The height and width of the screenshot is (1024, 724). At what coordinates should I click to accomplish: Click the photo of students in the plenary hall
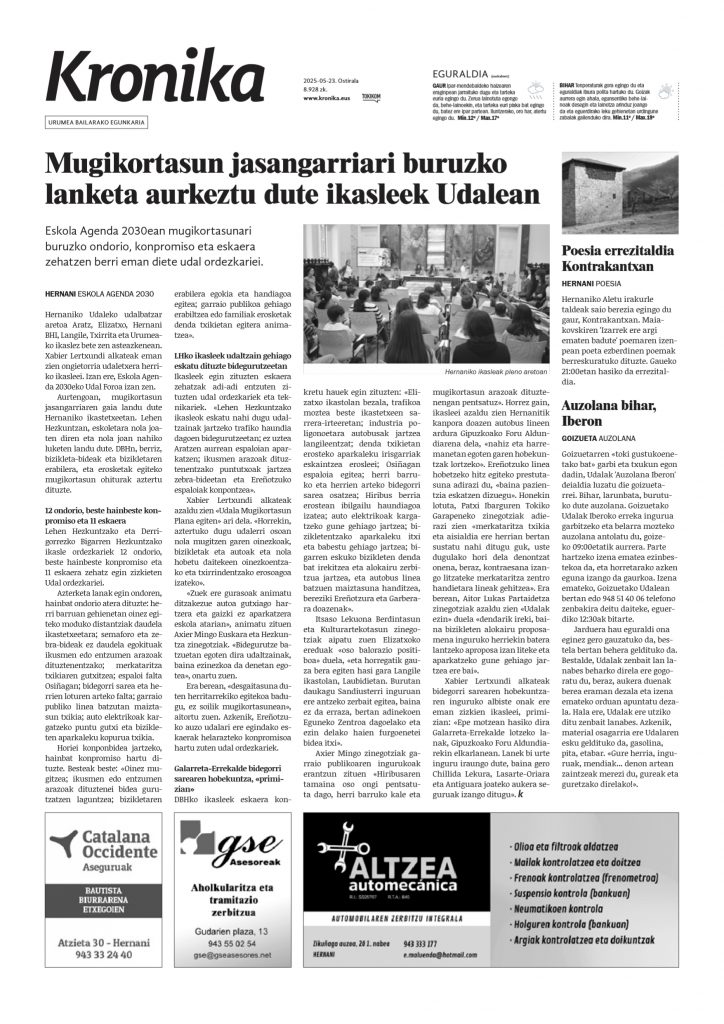(x=421, y=295)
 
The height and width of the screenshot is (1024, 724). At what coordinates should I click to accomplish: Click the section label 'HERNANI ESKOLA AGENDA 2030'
(x=103, y=293)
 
